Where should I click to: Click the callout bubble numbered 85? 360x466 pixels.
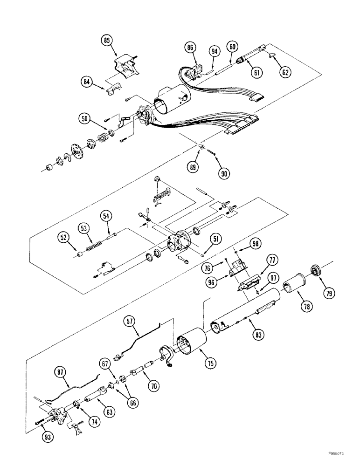(108, 41)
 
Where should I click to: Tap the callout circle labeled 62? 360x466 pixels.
(285, 72)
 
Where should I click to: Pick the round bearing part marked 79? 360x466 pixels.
(318, 270)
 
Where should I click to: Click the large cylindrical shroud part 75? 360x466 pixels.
(190, 343)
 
